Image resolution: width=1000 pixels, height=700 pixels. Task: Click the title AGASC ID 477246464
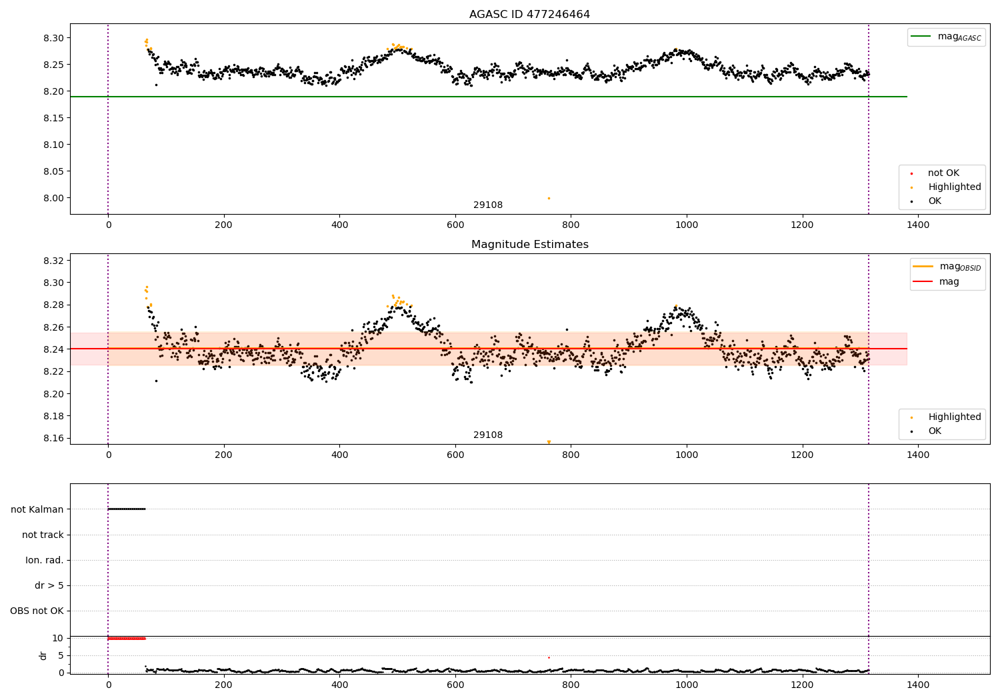[529, 14]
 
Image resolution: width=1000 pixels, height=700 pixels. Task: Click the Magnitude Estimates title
[529, 244]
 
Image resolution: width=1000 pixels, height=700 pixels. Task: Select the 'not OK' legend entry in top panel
[943, 173]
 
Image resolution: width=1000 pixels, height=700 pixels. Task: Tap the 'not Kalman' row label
[37, 509]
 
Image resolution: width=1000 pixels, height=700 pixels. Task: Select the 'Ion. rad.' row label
[44, 560]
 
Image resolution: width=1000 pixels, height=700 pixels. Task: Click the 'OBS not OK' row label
[37, 611]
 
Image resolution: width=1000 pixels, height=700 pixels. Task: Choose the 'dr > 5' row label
[49, 585]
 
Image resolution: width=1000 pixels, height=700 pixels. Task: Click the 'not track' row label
[43, 535]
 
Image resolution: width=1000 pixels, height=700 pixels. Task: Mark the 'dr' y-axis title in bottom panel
[43, 655]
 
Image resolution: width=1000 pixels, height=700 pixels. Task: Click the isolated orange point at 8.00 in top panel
[549, 198]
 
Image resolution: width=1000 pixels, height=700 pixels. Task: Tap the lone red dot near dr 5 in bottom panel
[549, 657]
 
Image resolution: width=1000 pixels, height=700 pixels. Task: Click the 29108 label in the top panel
[488, 205]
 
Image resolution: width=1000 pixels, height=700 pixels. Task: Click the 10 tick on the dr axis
[57, 638]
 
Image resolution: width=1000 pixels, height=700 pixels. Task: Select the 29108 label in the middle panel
[488, 435]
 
